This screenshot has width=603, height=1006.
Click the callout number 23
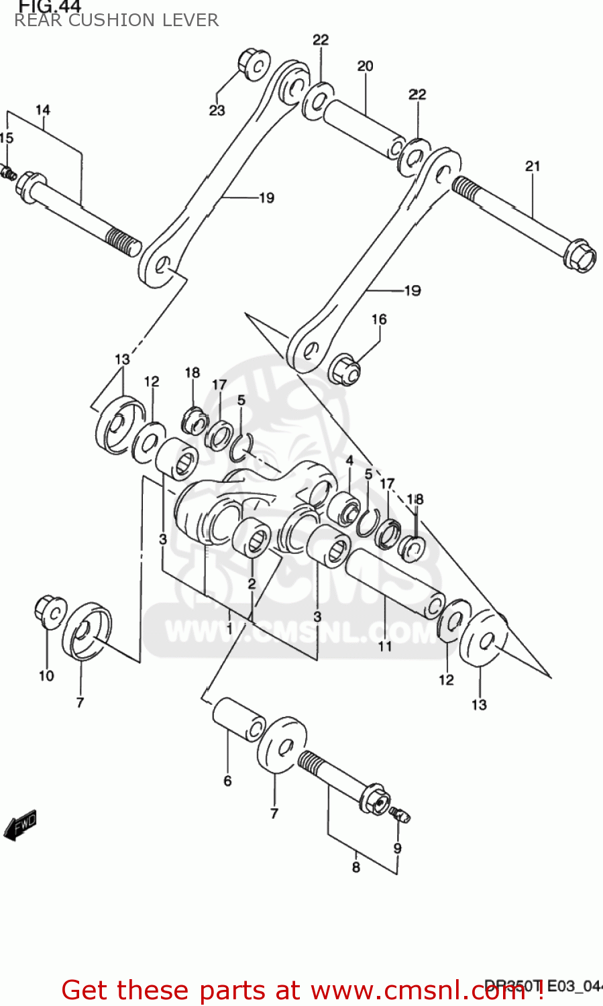click(x=217, y=111)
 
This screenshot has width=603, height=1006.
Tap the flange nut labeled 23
click(x=254, y=63)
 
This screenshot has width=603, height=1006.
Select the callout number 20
click(x=365, y=66)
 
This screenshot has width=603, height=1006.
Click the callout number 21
click(x=533, y=166)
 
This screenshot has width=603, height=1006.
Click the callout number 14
click(x=43, y=110)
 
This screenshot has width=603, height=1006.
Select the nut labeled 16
click(x=345, y=368)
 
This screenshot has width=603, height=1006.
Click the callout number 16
click(x=379, y=319)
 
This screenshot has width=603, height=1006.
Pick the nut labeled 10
click(x=49, y=611)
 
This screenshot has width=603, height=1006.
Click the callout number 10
click(x=46, y=675)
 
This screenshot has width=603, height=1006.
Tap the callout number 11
click(x=385, y=646)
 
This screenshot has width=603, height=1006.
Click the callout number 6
click(x=227, y=781)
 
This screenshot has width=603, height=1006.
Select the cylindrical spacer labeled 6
click(x=238, y=719)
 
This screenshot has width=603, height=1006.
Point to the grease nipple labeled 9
click(x=400, y=815)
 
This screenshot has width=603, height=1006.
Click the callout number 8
click(x=355, y=867)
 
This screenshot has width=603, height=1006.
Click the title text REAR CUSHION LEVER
click(x=117, y=20)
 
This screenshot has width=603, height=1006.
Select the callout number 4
click(x=349, y=461)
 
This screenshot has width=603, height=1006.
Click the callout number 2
click(x=252, y=583)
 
